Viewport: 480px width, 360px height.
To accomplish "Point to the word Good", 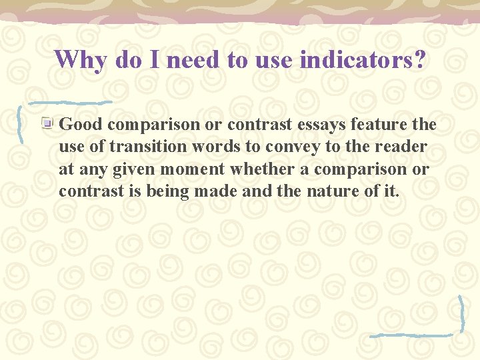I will point(81,124).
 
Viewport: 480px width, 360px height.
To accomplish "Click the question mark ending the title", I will point(419,59).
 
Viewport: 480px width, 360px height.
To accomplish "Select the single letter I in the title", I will point(154,59).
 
